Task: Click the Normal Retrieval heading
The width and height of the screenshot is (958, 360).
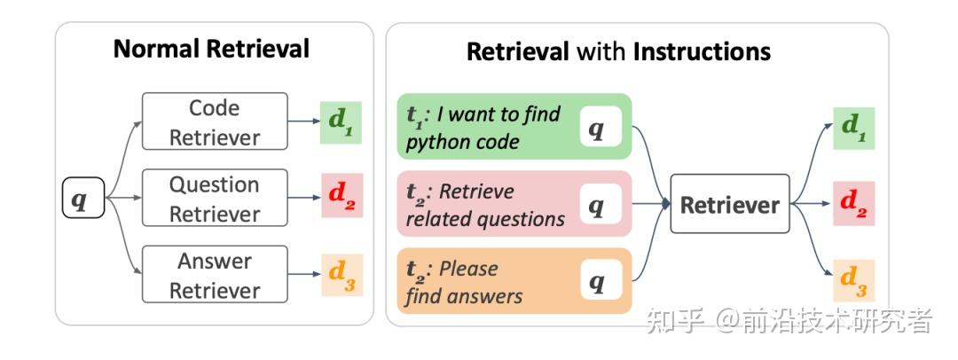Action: (211, 48)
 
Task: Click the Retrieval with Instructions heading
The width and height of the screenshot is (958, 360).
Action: (618, 51)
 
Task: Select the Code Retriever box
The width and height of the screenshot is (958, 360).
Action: (215, 122)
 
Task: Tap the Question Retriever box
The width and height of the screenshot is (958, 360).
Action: (215, 199)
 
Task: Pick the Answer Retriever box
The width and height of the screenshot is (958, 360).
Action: (215, 275)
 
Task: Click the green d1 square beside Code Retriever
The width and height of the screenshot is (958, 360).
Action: (342, 121)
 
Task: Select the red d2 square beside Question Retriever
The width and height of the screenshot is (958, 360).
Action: (342, 199)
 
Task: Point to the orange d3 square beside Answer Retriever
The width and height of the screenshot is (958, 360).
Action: (342, 274)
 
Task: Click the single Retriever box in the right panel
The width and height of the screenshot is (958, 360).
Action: (729, 205)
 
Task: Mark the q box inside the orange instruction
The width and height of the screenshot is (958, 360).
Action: (597, 282)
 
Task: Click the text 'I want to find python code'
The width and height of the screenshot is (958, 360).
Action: (483, 128)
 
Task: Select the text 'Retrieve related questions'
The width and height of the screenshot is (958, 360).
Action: (485, 205)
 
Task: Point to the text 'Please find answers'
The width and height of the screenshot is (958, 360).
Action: (464, 282)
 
